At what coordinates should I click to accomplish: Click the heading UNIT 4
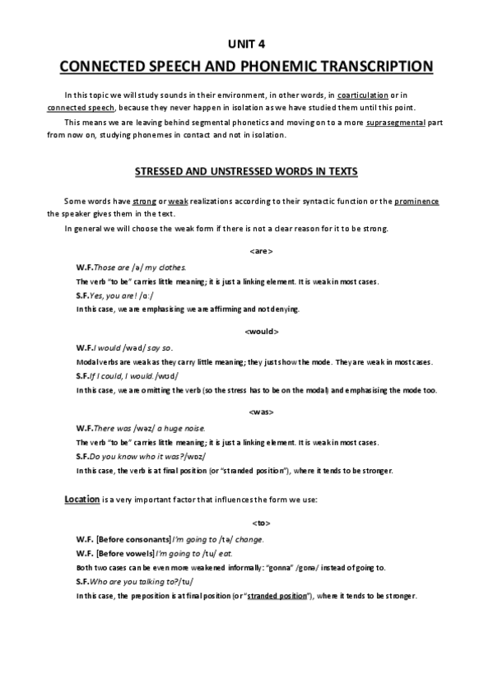(245, 44)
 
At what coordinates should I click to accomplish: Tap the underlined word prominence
(416, 202)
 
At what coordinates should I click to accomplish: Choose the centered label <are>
(260, 250)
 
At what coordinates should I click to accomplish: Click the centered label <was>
(260, 411)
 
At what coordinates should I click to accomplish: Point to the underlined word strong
(144, 202)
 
